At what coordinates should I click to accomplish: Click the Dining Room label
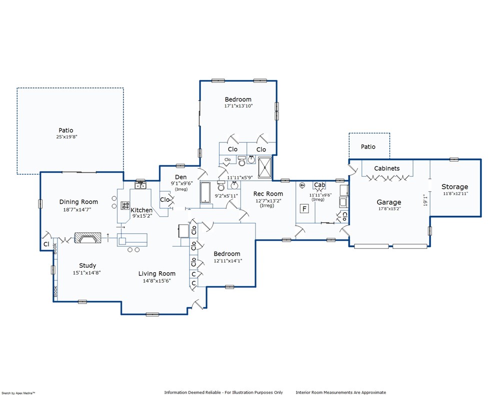79,202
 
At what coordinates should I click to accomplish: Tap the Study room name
87,266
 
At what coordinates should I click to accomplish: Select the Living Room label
157,274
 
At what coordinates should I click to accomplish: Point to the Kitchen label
141,210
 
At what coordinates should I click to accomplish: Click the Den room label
181,177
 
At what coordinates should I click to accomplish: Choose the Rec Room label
268,194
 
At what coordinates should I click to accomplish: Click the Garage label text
389,203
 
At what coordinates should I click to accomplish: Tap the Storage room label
455,187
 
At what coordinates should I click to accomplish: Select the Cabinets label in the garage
387,168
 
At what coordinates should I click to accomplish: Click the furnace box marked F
304,209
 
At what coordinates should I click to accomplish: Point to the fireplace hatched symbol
87,238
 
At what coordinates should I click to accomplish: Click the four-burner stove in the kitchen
125,206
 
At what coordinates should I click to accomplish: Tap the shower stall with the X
264,167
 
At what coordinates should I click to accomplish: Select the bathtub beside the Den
205,192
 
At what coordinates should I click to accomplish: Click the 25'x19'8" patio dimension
66,137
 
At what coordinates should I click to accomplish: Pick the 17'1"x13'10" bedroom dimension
238,106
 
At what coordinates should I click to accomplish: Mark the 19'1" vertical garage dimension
425,200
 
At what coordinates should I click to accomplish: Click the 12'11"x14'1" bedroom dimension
228,261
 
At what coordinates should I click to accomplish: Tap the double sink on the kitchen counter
140,185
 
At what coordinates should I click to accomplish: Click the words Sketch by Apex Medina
18,393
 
